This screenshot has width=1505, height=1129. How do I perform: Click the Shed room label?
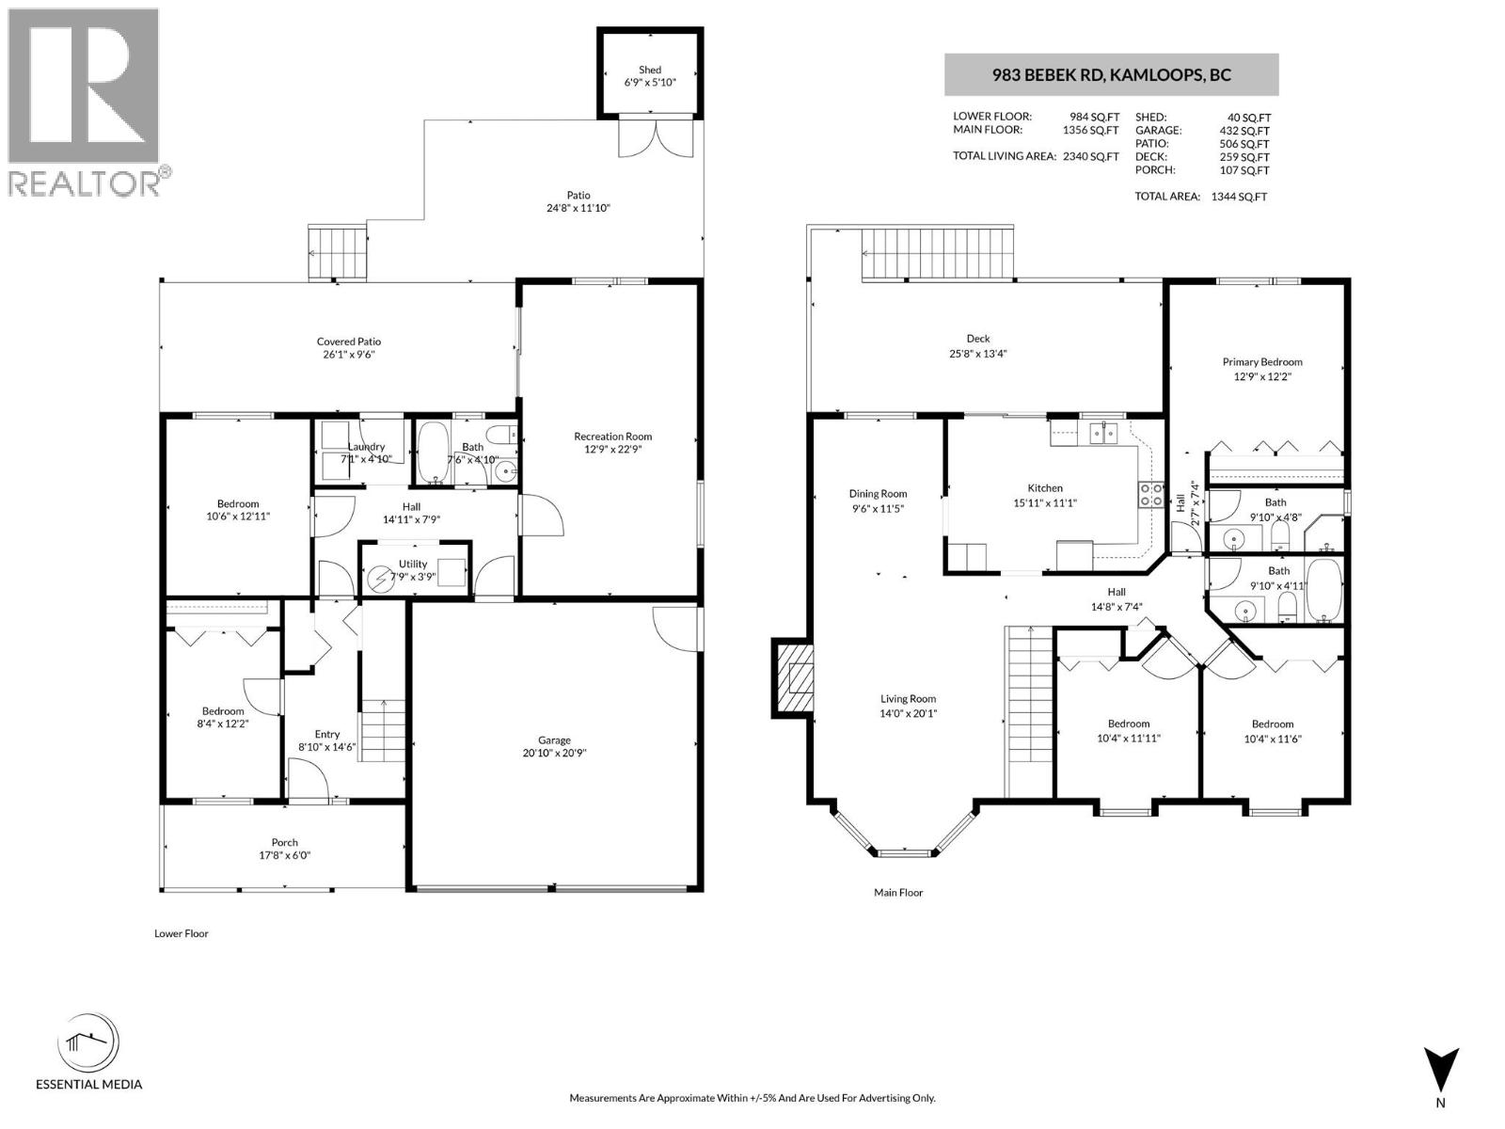point(650,70)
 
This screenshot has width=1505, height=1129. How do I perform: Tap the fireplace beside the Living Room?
point(793,679)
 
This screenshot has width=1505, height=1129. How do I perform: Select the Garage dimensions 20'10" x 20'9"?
point(554,753)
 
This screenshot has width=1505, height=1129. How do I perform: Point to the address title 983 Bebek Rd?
point(1111,75)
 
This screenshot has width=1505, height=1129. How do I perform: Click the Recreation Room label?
point(613,436)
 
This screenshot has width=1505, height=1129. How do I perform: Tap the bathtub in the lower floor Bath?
point(433,452)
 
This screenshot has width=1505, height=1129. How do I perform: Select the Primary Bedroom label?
point(1262,361)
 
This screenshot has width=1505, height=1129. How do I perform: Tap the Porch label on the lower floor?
point(284,842)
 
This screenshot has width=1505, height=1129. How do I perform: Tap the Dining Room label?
point(878,493)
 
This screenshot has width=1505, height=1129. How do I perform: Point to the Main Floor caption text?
point(898,892)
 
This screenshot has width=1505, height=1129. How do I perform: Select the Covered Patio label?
point(348,342)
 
